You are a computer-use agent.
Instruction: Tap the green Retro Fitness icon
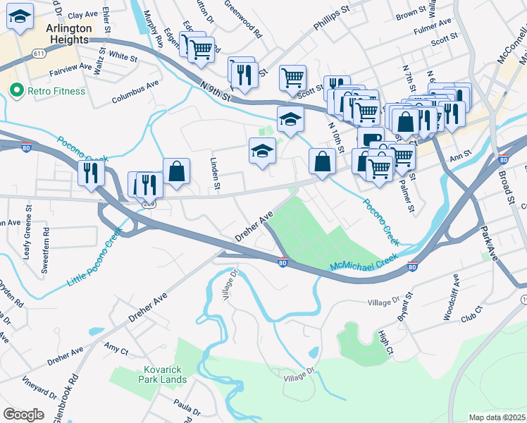pos(14,91)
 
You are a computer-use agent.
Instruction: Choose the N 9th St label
pos(216,92)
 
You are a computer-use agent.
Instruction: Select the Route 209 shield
pos(149,202)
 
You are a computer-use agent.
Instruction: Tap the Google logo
pos(23,415)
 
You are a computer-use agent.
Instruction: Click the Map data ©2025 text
pos(497,417)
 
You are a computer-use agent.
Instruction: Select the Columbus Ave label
pos(135,92)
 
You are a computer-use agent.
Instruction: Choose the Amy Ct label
pos(116,349)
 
